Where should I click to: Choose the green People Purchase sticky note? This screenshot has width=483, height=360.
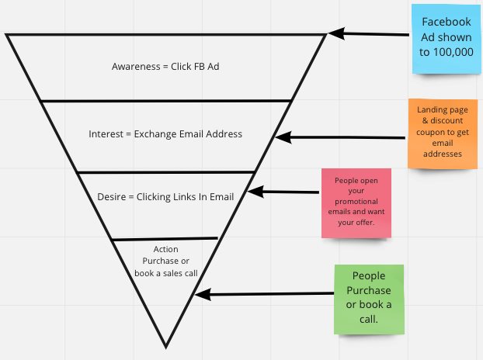[370, 298]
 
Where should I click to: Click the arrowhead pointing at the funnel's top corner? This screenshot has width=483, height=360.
[334, 33]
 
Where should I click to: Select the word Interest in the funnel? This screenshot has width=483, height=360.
[106, 134]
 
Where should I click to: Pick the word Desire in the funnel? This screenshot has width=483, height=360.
[113, 196]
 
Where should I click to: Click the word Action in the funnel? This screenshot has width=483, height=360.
[165, 249]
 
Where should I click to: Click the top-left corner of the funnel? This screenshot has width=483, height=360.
[7, 35]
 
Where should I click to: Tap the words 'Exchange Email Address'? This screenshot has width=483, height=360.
[187, 134]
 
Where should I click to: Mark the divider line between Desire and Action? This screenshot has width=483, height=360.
[165, 239]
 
